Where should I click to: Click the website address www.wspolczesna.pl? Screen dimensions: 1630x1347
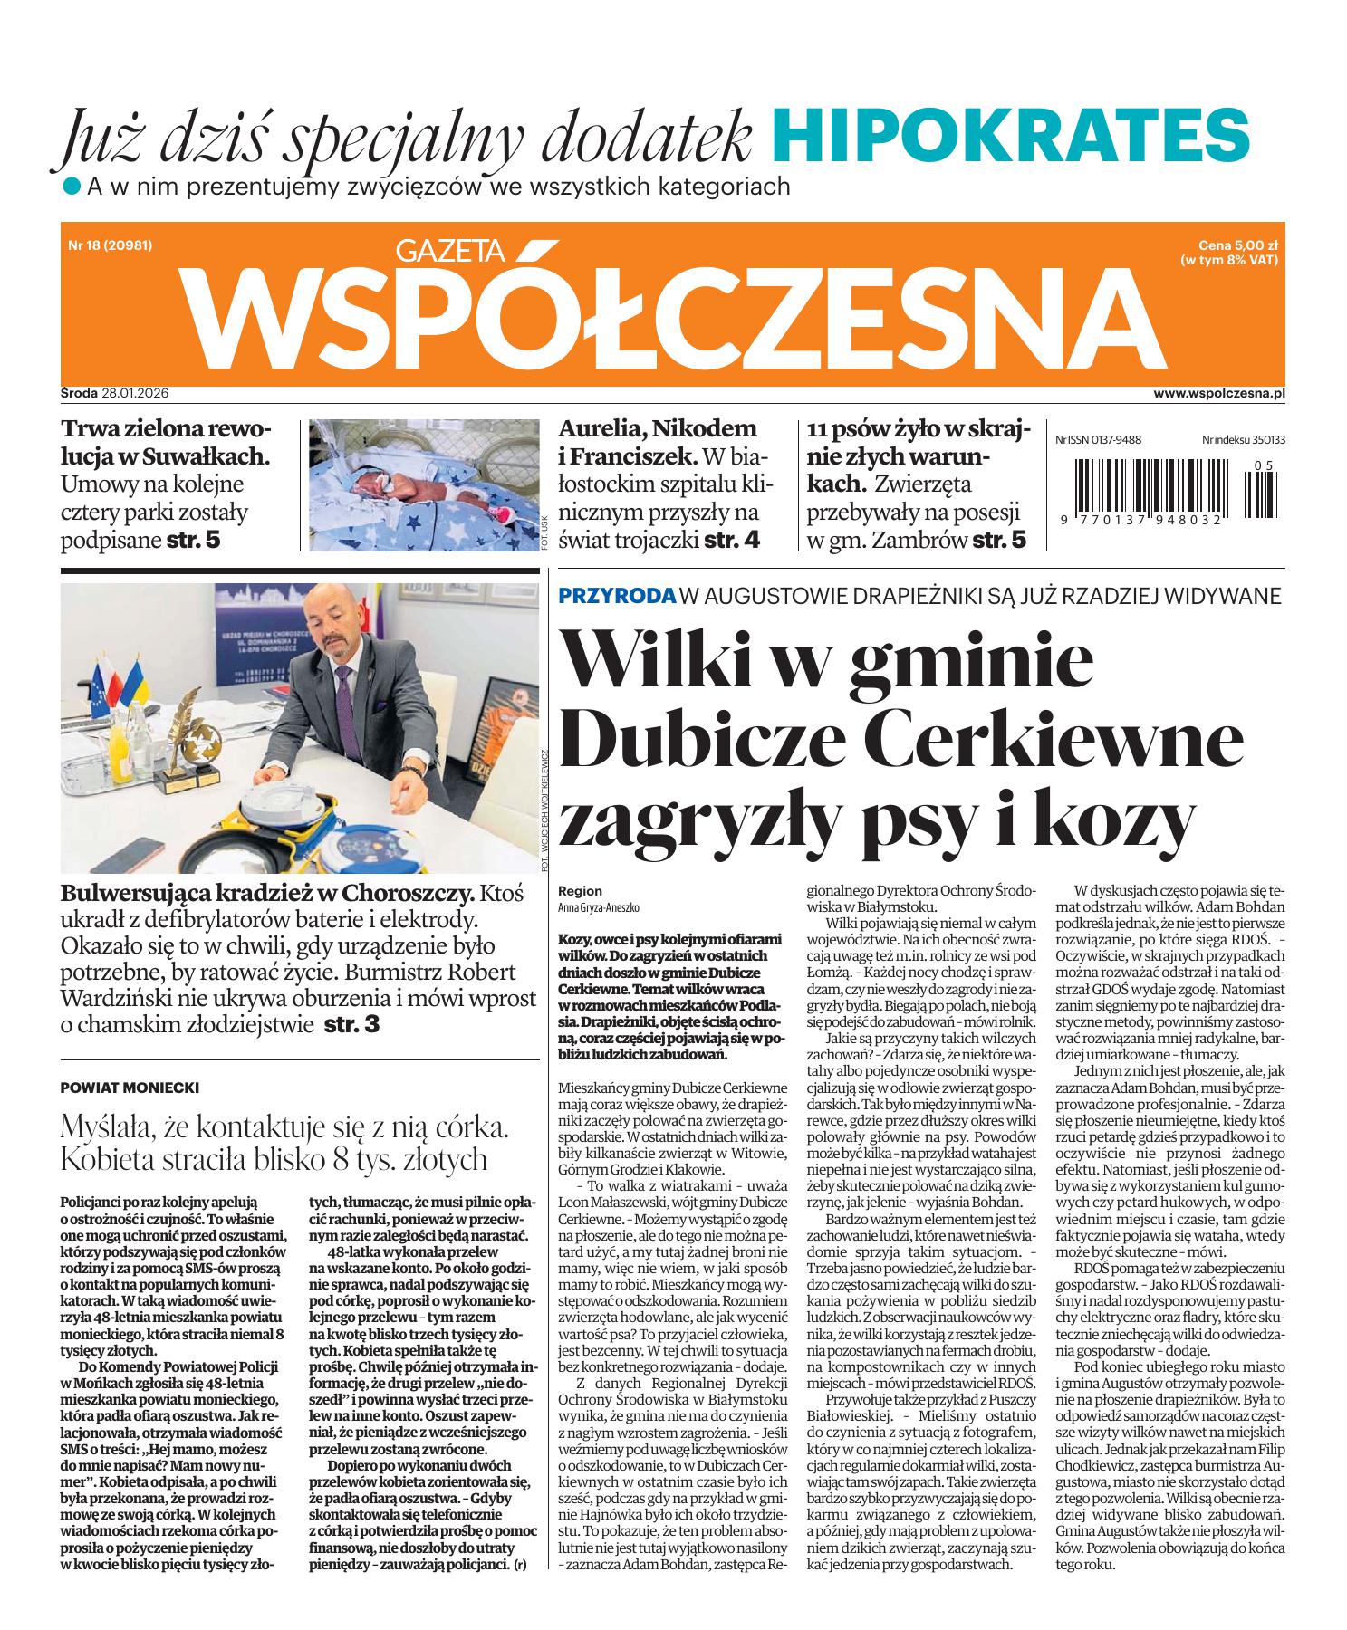(1220, 394)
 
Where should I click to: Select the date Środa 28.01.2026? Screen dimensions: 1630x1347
(116, 394)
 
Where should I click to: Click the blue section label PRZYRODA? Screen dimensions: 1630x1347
(617, 596)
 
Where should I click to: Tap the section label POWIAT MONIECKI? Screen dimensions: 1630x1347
(129, 1088)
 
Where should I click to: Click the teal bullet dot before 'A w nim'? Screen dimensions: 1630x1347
(71, 187)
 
